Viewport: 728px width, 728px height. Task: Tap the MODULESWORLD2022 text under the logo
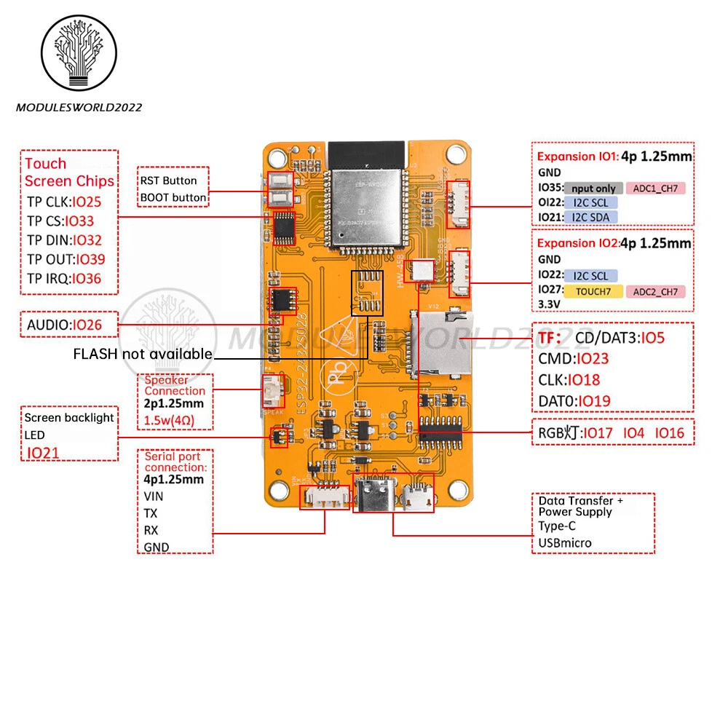[x=79, y=108]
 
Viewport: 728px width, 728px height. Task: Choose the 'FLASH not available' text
[x=143, y=355]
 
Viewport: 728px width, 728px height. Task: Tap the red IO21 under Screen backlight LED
[x=43, y=453]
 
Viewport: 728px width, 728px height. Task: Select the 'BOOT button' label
[x=173, y=197]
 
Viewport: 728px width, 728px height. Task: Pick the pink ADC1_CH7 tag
[x=654, y=189]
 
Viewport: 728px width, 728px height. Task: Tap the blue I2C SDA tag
[x=590, y=217]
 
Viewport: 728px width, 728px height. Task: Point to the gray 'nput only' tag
[x=593, y=189]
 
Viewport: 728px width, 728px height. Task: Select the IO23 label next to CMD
[x=591, y=358]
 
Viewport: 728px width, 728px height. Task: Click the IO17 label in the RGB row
[x=598, y=433]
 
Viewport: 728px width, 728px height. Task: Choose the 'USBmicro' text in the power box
[x=565, y=542]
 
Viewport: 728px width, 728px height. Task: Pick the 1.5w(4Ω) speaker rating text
[x=169, y=421]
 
